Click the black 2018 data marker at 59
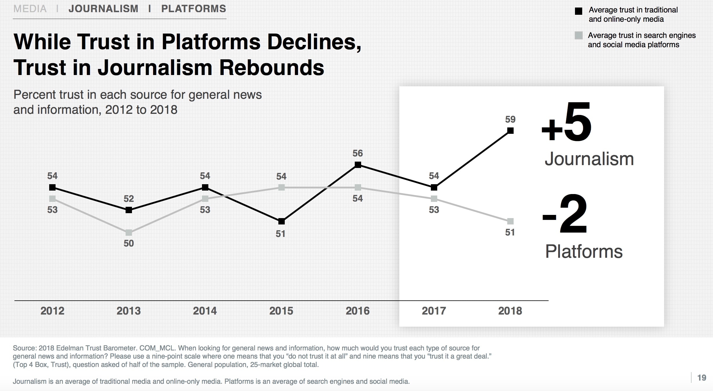coord(510,131)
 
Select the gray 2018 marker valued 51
coord(510,221)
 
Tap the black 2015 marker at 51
coord(281,222)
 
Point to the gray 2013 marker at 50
coord(129,233)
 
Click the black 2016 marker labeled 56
coord(358,165)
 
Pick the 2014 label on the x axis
coord(205,311)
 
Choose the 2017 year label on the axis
coord(434,311)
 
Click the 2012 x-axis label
coord(52,311)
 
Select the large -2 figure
coord(565,214)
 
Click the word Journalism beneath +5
coord(589,159)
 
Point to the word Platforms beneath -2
coord(584,251)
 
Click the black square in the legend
coord(578,11)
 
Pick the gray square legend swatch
coord(578,36)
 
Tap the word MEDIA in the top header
coord(30,9)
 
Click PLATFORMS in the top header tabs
coord(194,9)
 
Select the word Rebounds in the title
coord(271,68)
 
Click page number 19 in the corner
coord(702,378)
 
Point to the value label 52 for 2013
coord(129,199)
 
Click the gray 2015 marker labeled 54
coord(281,187)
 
